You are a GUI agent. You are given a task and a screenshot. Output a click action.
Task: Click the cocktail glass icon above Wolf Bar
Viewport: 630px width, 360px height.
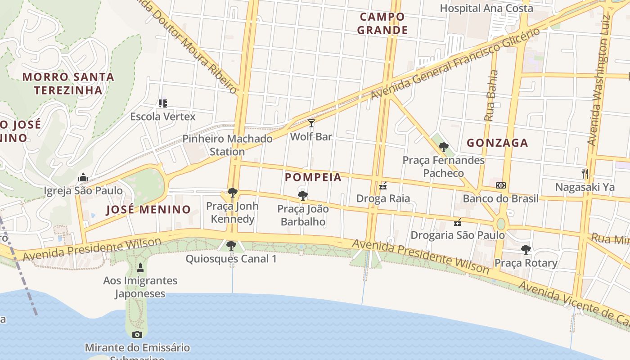pyautogui.click(x=311, y=123)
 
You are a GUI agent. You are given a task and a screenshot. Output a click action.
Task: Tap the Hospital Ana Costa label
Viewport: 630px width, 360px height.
pyautogui.click(x=486, y=8)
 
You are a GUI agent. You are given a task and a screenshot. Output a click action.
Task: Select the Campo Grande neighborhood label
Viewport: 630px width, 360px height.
pyautogui.click(x=384, y=23)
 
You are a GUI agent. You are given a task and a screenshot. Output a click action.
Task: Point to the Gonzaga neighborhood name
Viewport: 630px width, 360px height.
pyautogui.click(x=497, y=143)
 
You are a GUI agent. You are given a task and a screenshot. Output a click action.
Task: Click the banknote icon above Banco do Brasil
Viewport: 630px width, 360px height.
pyautogui.click(x=500, y=185)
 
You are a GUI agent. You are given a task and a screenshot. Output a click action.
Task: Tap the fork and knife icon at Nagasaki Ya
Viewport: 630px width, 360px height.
pyautogui.click(x=585, y=173)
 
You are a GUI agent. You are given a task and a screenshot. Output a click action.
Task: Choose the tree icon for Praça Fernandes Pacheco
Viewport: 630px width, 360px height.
pyautogui.click(x=444, y=147)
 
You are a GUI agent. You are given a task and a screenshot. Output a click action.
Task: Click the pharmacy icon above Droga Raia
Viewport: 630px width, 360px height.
pyautogui.click(x=383, y=185)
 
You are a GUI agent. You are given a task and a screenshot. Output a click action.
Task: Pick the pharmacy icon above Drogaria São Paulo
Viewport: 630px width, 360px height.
pyautogui.click(x=458, y=222)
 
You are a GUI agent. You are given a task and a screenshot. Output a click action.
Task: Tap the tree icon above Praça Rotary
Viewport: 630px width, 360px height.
pyautogui.click(x=526, y=249)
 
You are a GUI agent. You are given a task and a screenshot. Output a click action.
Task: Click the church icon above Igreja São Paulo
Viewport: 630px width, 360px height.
pyautogui.click(x=83, y=177)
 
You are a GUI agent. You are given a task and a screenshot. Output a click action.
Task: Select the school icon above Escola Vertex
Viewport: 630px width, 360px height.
pyautogui.click(x=162, y=103)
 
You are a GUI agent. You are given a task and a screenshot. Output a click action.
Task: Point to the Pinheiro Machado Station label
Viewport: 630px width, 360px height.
pyautogui.click(x=227, y=145)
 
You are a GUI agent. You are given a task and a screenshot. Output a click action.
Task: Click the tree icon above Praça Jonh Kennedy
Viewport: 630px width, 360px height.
pyautogui.click(x=232, y=193)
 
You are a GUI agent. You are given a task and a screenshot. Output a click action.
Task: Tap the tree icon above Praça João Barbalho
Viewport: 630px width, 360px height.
pyautogui.click(x=303, y=195)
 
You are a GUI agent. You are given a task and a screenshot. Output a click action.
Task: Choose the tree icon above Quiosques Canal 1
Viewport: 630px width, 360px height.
pyautogui.click(x=231, y=246)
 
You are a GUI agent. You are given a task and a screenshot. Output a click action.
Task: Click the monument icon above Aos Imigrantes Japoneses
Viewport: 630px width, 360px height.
pyautogui.click(x=140, y=267)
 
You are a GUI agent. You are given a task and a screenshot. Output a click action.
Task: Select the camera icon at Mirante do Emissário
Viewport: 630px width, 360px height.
pyautogui.click(x=137, y=334)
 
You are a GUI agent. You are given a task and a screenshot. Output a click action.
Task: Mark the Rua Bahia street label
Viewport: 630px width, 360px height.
pyautogui.click(x=491, y=95)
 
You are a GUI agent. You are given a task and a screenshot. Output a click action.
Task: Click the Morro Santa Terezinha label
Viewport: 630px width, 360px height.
pyautogui.click(x=68, y=83)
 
